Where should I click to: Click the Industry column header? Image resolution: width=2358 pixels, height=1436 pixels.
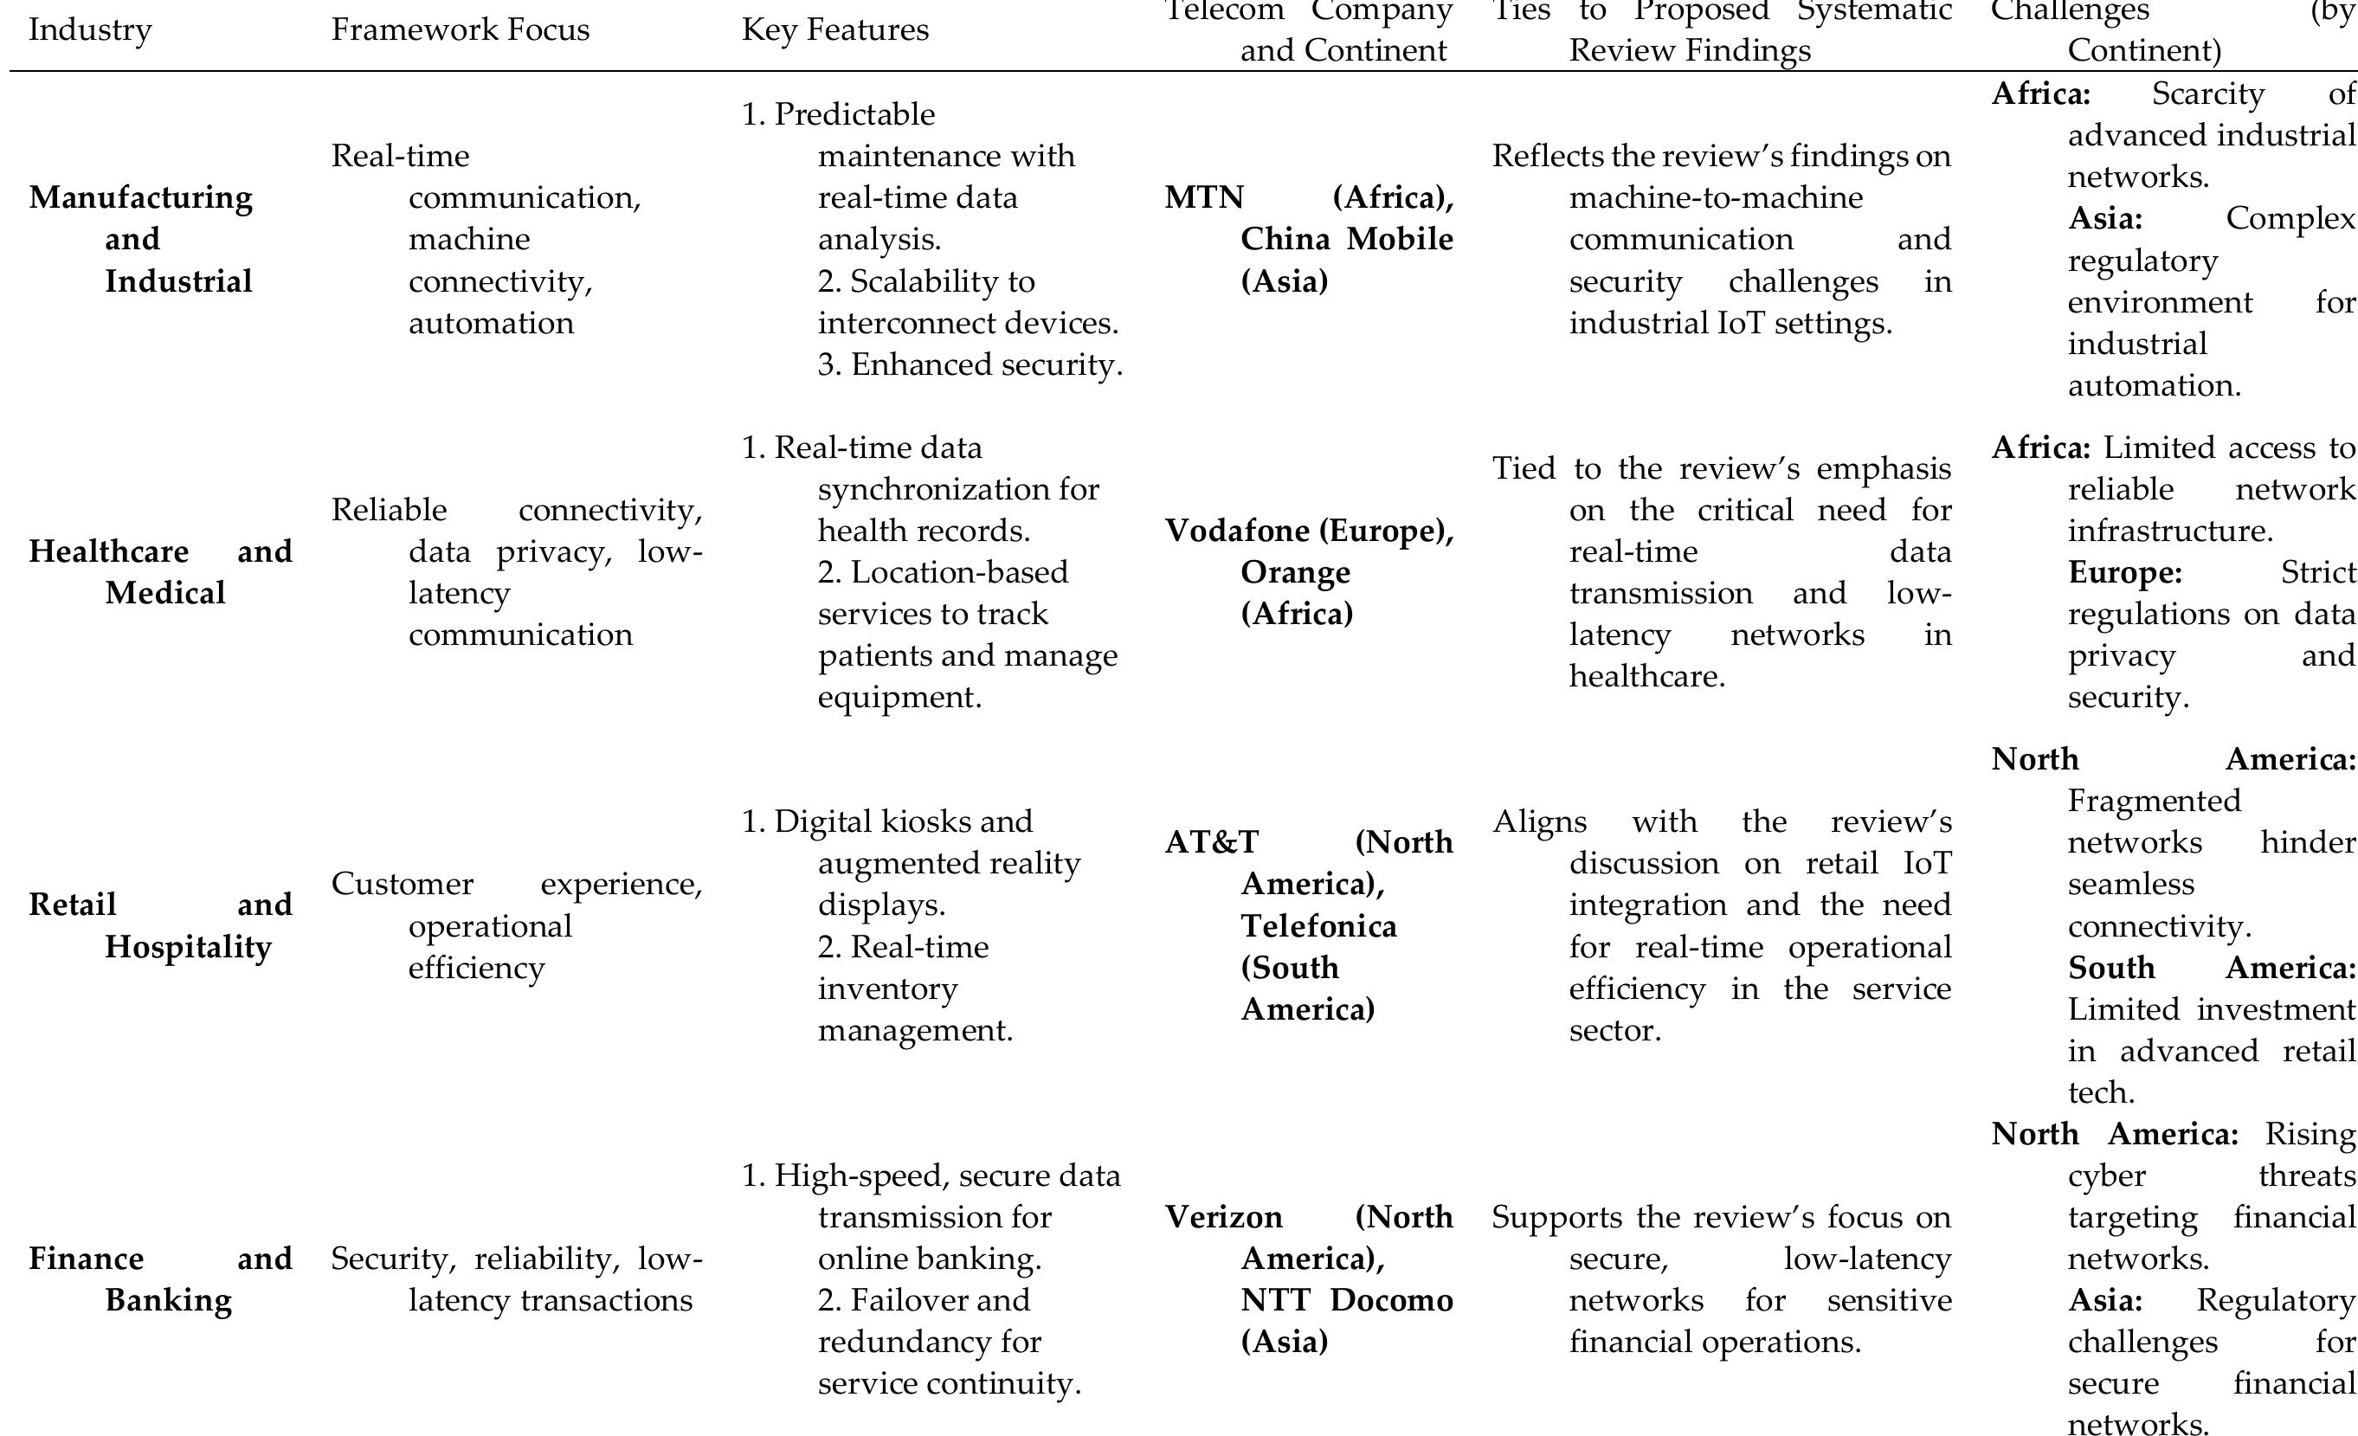click(90, 29)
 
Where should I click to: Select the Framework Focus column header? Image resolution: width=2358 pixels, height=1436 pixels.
click(460, 29)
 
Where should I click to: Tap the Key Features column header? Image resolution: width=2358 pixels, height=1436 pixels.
click(834, 29)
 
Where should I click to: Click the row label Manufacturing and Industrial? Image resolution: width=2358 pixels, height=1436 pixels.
click(142, 238)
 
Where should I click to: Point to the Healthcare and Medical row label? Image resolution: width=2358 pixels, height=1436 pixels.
click(161, 571)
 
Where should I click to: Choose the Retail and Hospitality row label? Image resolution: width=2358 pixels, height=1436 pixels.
click(161, 925)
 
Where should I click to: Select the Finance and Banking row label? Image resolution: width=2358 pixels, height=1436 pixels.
click(161, 1278)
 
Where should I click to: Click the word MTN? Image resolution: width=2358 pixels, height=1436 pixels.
click(1204, 197)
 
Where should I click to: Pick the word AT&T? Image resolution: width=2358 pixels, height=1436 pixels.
click(1212, 842)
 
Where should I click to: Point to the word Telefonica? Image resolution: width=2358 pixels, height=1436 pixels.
click(1318, 925)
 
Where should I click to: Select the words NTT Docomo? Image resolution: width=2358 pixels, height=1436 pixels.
click(1346, 1300)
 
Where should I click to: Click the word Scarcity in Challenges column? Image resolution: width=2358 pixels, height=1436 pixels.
click(2207, 93)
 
